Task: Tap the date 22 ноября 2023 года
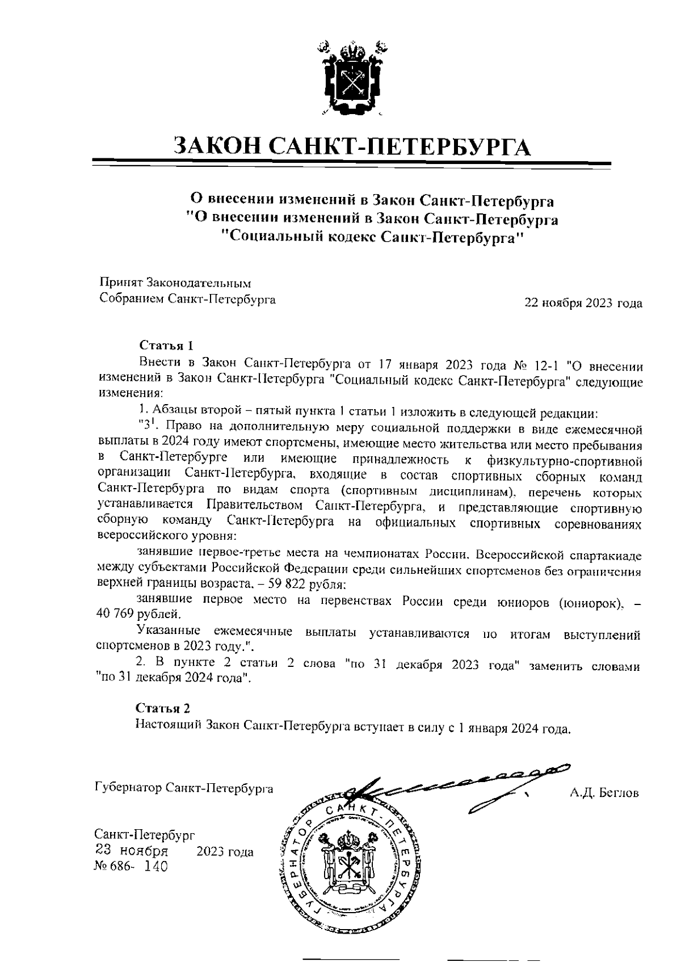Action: (583, 303)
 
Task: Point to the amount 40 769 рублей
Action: (139, 614)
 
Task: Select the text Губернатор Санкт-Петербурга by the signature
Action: (183, 788)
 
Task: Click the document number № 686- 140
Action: (131, 867)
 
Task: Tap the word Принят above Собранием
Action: (121, 282)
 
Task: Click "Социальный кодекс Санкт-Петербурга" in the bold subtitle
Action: (371, 237)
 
